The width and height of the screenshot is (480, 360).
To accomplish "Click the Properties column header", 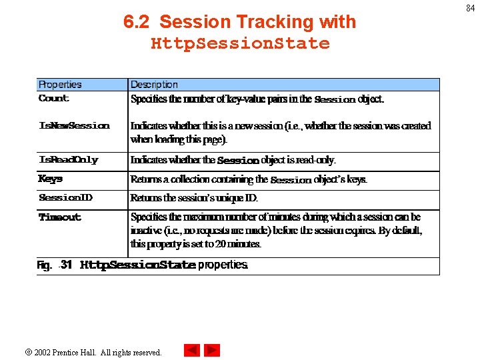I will (60, 85).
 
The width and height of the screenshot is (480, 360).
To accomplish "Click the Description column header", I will (154, 85).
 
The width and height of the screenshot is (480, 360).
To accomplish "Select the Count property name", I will (54, 99).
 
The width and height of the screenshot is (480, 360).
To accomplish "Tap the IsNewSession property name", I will (74, 126).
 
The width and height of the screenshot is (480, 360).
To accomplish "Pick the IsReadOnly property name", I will (69, 160).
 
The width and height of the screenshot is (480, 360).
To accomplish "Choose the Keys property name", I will (51, 179).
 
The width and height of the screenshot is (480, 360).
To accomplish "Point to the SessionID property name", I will (65, 198).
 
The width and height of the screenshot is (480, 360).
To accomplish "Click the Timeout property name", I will (60, 217).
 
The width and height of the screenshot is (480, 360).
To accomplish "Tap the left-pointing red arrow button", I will (192, 350).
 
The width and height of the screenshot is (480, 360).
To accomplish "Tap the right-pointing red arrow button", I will (212, 350).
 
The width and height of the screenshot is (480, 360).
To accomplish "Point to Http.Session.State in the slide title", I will (240, 44).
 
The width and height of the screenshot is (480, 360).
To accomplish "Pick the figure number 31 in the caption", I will (66, 265).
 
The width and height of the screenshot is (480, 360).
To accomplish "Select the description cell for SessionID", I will (194, 198).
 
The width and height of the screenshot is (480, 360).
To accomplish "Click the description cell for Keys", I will (249, 179).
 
